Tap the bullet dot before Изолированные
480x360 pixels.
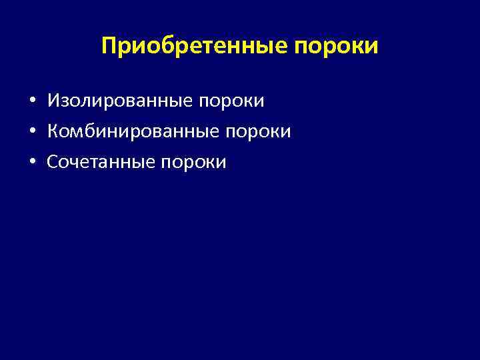pyautogui.click(x=32, y=102)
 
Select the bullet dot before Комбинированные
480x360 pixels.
pyautogui.click(x=32, y=132)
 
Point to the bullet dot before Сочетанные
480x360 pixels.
pyautogui.click(x=32, y=162)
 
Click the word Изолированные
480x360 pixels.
pyautogui.click(x=119, y=101)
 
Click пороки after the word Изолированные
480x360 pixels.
pyautogui.click(x=231, y=101)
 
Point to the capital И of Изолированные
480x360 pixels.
pyautogui.click(x=53, y=101)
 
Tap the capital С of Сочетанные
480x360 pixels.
pyautogui.click(x=52, y=161)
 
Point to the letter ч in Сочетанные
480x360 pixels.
pyautogui.click(x=71, y=162)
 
